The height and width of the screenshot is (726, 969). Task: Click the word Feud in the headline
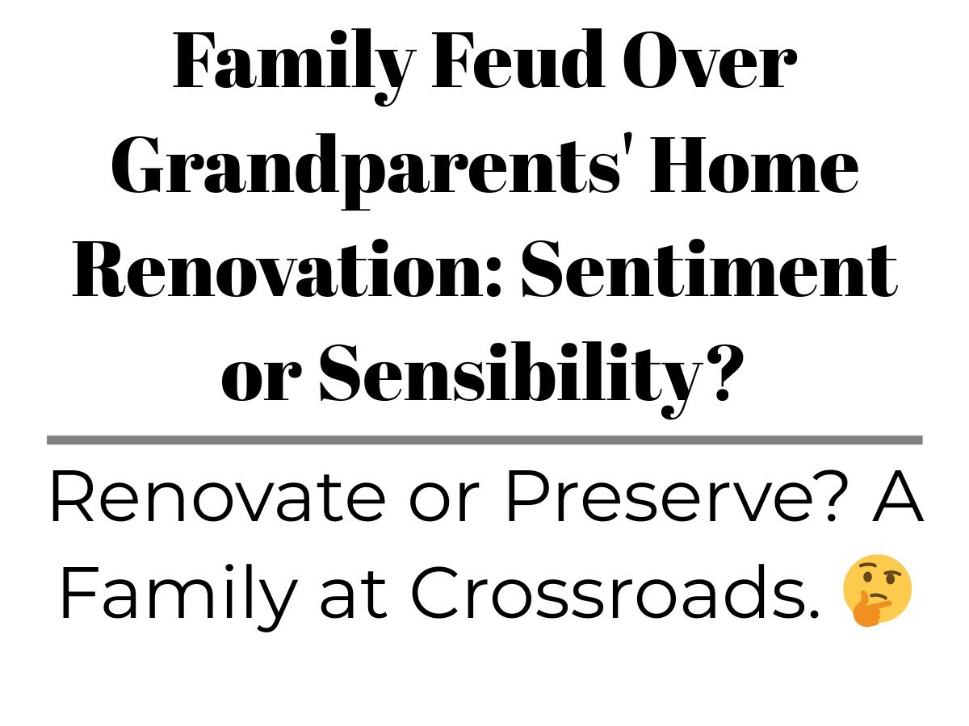[518, 59]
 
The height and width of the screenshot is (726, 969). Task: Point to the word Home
[754, 165]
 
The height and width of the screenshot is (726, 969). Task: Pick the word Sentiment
[709, 268]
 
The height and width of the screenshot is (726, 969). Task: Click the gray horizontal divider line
[484, 440]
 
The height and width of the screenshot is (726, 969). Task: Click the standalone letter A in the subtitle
[896, 496]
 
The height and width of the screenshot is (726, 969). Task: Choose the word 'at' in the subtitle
[354, 595]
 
